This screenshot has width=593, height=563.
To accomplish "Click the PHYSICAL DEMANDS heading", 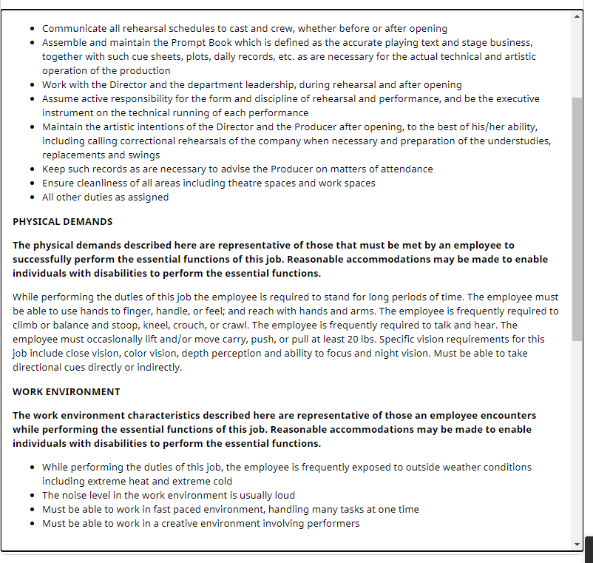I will [x=63, y=221].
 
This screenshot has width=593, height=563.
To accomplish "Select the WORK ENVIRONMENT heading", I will [x=67, y=391].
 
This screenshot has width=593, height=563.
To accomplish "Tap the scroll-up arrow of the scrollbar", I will [x=577, y=16].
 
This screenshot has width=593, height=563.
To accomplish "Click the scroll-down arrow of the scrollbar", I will [x=577, y=545].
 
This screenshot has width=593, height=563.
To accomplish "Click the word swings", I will [x=143, y=155].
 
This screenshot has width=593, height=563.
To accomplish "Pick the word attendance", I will [x=404, y=169].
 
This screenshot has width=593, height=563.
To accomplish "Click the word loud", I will [x=283, y=496].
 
